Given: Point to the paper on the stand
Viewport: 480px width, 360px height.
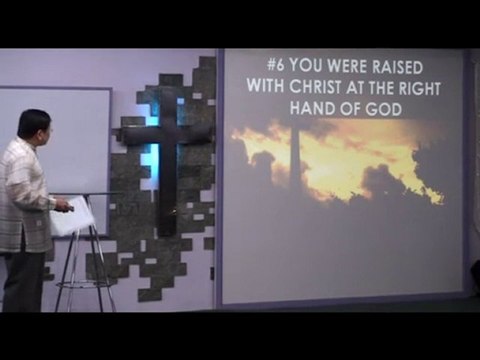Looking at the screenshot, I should click(72, 216).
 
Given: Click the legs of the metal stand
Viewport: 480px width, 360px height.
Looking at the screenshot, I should click(85, 270).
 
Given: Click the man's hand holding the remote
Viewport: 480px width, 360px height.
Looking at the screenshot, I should click(62, 206).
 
